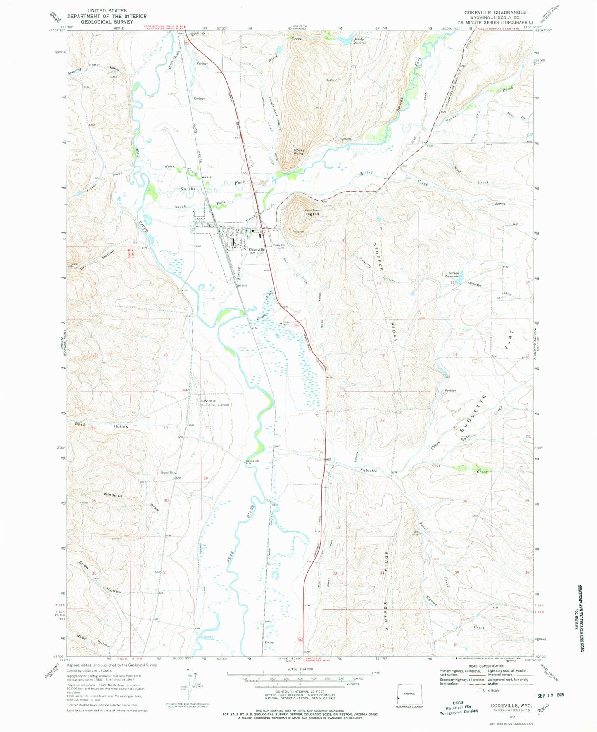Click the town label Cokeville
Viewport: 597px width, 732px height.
(257, 250)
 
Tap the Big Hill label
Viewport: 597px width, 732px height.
(312, 214)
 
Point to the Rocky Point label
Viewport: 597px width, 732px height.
(299, 152)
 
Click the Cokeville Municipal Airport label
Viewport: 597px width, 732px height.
(214, 403)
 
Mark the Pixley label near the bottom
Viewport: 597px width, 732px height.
(269, 642)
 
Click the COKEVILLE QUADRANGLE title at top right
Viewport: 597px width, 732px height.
(495, 12)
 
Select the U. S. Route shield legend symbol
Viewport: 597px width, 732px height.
(480, 690)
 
